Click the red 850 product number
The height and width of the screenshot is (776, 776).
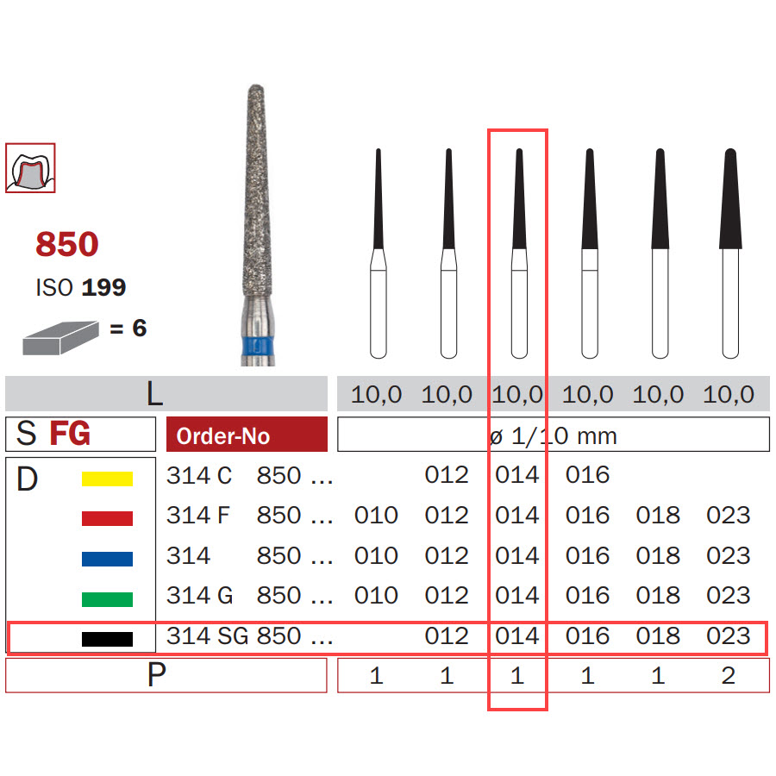coord(66,244)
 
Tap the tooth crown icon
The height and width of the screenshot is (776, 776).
coord(30,168)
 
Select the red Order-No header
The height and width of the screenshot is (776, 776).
coord(247,435)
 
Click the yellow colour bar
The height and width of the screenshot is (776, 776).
coord(107,479)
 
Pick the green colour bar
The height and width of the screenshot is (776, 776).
coord(107,599)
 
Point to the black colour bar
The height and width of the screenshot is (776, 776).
coord(107,639)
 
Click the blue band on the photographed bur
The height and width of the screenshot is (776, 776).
coord(258,346)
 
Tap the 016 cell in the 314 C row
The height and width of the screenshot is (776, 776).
coord(587,475)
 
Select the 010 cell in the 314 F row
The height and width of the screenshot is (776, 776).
coord(376,516)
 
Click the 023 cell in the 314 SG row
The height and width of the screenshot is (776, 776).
coord(729,636)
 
